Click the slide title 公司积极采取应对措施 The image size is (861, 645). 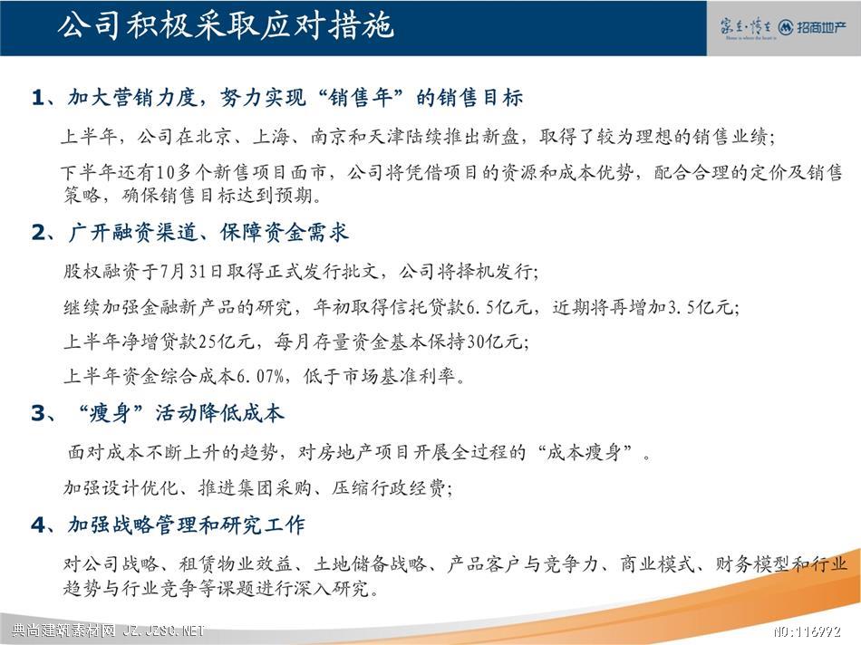coord(226,26)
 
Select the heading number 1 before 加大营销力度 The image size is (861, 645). coord(38,98)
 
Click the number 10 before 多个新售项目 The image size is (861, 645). coord(165,173)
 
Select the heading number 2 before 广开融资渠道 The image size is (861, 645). coord(38,233)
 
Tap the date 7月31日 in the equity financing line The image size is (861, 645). coord(190,271)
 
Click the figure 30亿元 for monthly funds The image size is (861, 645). coord(494,342)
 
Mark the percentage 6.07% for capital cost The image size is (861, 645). coord(260,377)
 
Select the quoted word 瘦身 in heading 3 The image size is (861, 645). coord(110,413)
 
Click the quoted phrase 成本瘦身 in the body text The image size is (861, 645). coord(584,452)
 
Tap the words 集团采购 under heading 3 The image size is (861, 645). coord(274,487)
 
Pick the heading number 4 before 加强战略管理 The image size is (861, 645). coord(38,525)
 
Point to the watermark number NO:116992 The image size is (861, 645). coord(808,631)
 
